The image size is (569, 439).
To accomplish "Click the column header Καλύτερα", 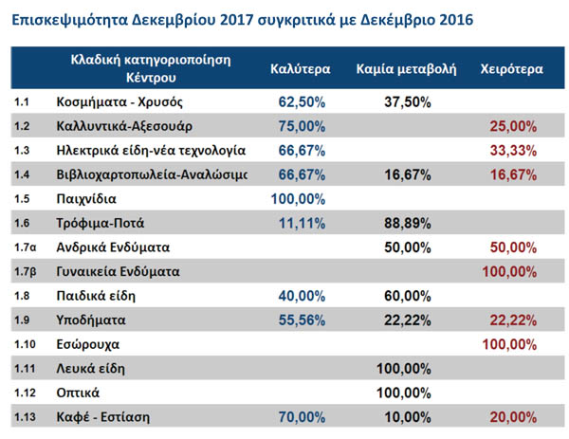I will click(299, 68).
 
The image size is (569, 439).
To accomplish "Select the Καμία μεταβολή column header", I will click(407, 68).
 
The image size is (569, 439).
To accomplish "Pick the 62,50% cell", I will click(302, 101).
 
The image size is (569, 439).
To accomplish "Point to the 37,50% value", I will click(409, 101).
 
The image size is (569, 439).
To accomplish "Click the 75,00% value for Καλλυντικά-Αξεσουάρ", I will click(302, 125).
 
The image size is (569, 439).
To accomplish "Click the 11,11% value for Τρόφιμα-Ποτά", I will click(302, 223).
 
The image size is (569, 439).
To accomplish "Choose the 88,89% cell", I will click(409, 223).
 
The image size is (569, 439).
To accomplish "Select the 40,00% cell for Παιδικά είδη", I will click(302, 296).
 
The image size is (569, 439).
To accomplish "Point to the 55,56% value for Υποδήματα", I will click(302, 320).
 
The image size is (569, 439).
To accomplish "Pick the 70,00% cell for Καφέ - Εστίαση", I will click(302, 415).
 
